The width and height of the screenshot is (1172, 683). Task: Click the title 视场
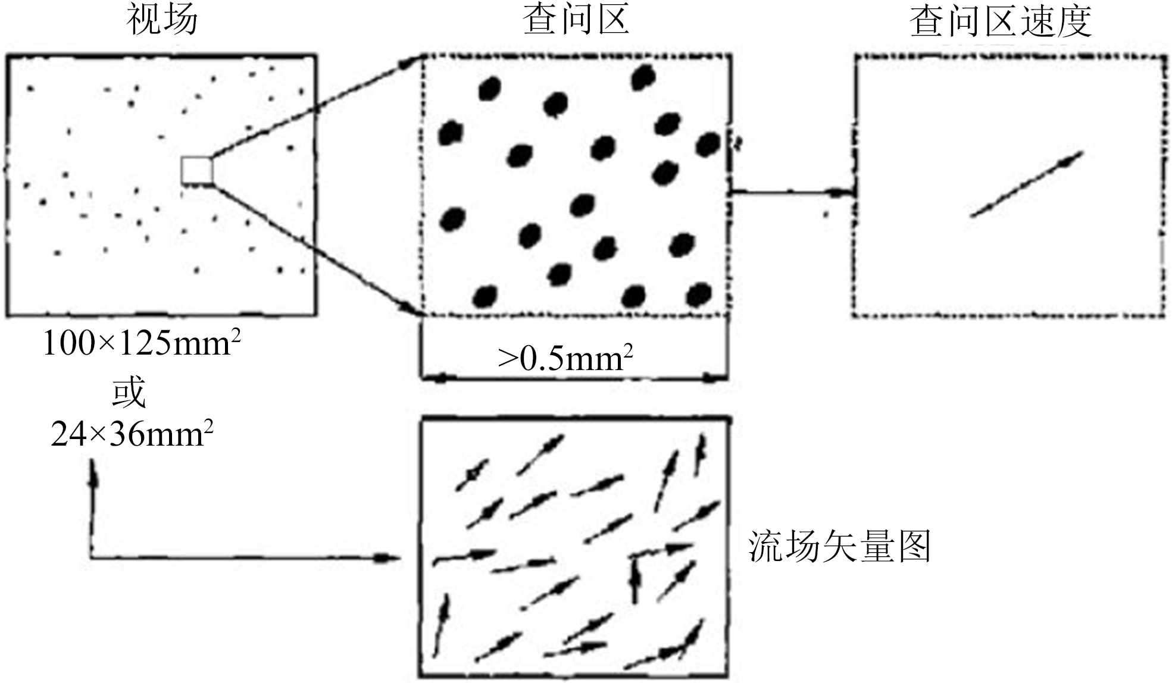tap(162, 19)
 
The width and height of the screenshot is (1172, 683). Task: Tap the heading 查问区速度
tap(1001, 21)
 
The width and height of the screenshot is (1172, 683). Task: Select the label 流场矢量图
tap(839, 546)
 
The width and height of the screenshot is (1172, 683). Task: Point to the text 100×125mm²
tap(142, 343)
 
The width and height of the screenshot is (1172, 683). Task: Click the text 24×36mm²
tap(132, 434)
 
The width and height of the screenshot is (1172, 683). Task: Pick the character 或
tap(129, 391)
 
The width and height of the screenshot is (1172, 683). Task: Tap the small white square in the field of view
tap(196, 171)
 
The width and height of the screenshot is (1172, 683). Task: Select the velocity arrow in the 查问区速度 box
tap(1026, 184)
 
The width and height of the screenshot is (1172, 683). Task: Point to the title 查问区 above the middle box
tap(576, 19)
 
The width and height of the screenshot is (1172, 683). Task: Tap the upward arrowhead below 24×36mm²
tap(92, 473)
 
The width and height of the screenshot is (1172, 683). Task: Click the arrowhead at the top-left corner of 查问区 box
tap(411, 62)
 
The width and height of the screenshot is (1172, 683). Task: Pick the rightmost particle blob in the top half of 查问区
tap(708, 144)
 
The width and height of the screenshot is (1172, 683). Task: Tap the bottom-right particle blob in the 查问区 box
tap(699, 294)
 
